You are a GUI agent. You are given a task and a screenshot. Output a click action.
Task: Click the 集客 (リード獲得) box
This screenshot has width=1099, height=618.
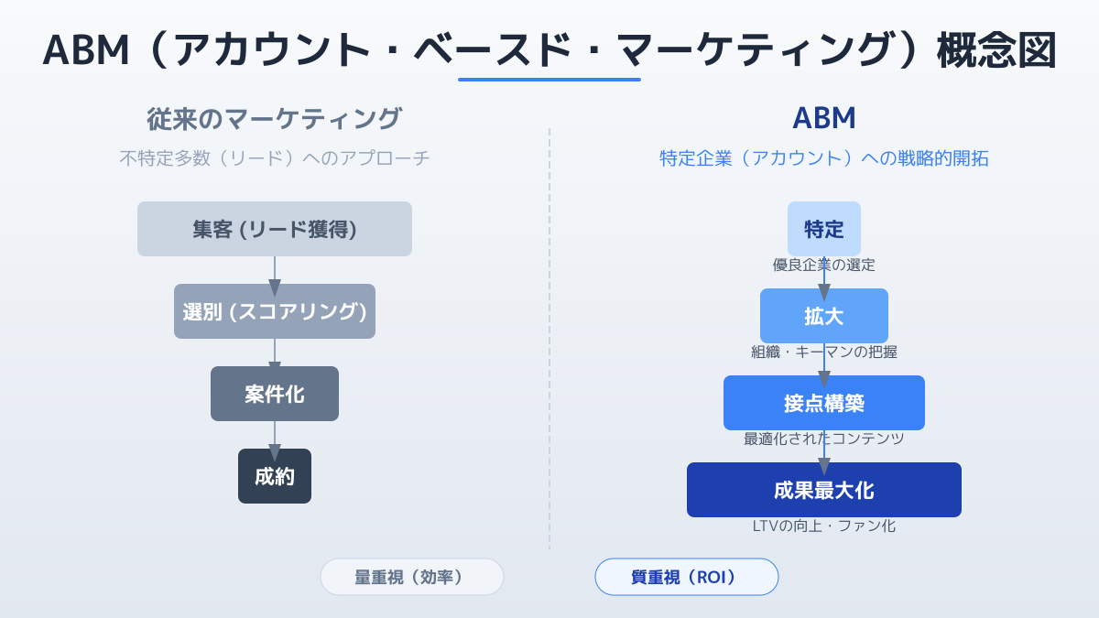tap(274, 229)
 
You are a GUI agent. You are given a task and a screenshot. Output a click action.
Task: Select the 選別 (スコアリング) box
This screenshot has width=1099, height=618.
tap(274, 311)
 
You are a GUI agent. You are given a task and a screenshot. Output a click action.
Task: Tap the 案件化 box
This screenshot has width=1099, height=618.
tap(274, 394)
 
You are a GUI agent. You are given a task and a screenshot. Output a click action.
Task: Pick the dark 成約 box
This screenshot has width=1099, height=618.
tap(274, 476)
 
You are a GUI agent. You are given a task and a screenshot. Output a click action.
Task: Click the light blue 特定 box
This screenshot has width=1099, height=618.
tap(823, 229)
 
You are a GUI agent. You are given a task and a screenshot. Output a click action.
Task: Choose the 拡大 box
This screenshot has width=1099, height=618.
tap(823, 316)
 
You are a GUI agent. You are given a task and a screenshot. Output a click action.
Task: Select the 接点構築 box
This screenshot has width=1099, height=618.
tap(823, 403)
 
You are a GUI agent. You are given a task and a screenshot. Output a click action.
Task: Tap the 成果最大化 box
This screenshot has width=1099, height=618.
tap(823, 490)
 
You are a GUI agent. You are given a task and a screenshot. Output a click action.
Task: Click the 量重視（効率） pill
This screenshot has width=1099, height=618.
tap(411, 577)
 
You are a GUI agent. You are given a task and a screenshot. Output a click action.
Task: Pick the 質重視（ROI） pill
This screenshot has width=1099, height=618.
tap(686, 577)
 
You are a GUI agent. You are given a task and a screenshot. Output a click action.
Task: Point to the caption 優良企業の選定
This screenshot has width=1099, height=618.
tap(823, 265)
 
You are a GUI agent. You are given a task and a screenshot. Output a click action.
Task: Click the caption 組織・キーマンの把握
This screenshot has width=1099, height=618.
tap(823, 352)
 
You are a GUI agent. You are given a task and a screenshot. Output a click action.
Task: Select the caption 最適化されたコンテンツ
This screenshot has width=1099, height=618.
tap(823, 439)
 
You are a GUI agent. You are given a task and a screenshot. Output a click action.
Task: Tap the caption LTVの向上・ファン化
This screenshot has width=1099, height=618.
tap(823, 526)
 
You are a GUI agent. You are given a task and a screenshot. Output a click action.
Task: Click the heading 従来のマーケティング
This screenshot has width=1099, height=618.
tap(274, 119)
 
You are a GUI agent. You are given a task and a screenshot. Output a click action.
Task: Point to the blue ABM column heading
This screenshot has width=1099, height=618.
tap(823, 118)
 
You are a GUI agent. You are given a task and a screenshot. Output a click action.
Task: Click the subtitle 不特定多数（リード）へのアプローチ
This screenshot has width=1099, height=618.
tap(274, 157)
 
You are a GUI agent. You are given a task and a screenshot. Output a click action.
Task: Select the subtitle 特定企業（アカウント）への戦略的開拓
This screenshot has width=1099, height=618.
tap(823, 157)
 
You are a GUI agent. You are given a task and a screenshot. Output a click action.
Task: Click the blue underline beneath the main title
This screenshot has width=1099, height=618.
tap(549, 80)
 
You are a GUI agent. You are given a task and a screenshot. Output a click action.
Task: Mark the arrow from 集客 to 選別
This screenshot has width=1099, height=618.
tap(274, 276)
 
